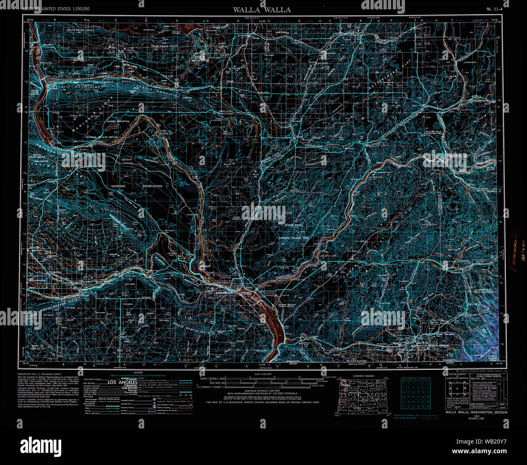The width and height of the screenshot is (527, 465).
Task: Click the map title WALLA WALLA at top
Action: [261, 10]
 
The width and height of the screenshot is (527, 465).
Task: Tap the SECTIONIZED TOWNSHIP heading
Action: [416, 378]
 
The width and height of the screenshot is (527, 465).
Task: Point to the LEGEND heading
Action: [138, 372]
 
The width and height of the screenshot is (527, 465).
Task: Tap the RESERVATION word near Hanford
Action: [152, 186]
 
